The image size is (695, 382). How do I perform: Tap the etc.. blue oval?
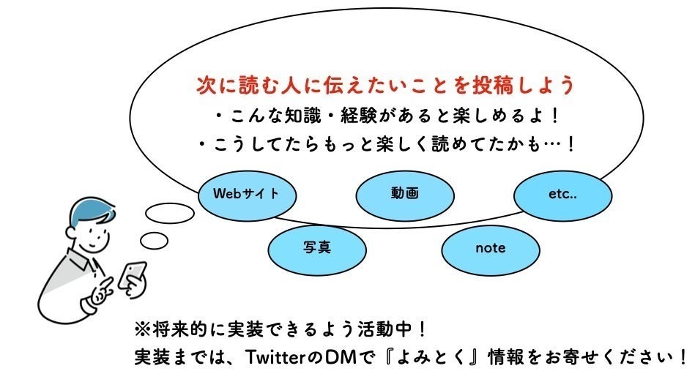coord(562,195)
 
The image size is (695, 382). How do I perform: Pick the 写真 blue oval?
coord(317,247)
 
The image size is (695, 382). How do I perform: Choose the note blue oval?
coord(490,248)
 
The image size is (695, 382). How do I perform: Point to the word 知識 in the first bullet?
coord(322,116)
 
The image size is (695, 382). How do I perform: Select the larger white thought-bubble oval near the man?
coord(170,214)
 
